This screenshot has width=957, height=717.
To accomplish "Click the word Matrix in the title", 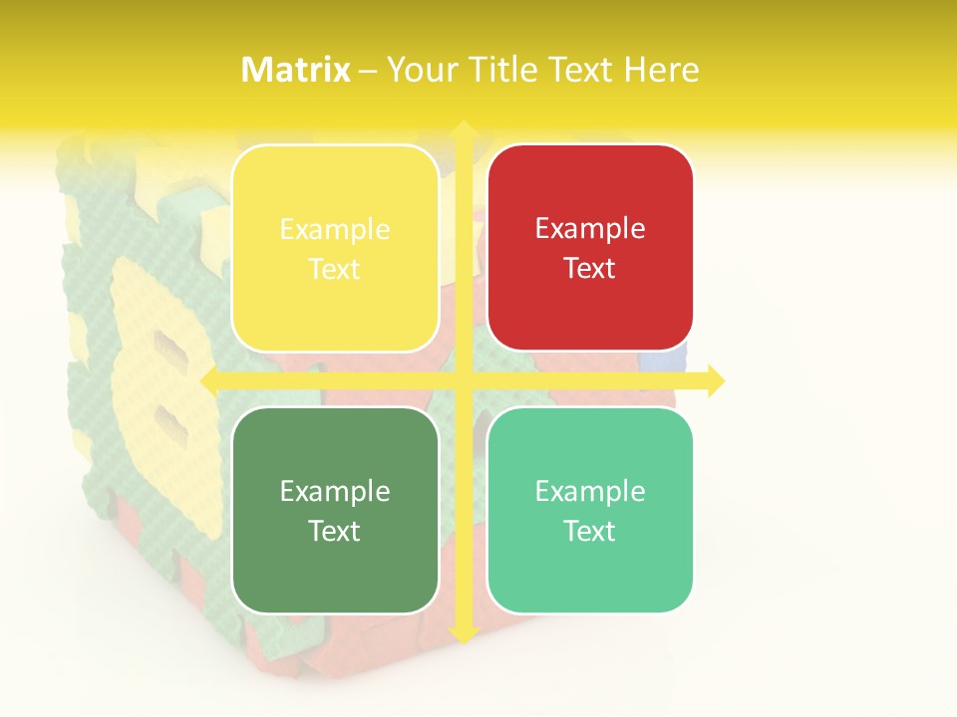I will (x=296, y=70).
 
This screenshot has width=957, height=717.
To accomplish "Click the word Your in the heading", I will (x=419, y=70).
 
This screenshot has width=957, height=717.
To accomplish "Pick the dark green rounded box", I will (x=335, y=568).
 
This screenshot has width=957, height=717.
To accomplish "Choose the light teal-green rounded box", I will (x=590, y=568).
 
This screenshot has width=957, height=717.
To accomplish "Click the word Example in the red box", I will (x=590, y=229).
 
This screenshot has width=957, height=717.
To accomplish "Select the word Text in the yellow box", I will (x=335, y=269).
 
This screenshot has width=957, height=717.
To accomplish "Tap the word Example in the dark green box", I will (x=335, y=491).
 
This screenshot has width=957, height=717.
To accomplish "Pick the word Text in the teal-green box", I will (x=590, y=531).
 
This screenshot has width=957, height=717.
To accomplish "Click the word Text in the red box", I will (x=590, y=268).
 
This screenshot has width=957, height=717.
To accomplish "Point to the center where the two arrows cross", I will (x=463, y=380).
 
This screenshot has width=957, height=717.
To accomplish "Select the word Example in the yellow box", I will (x=335, y=230).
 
